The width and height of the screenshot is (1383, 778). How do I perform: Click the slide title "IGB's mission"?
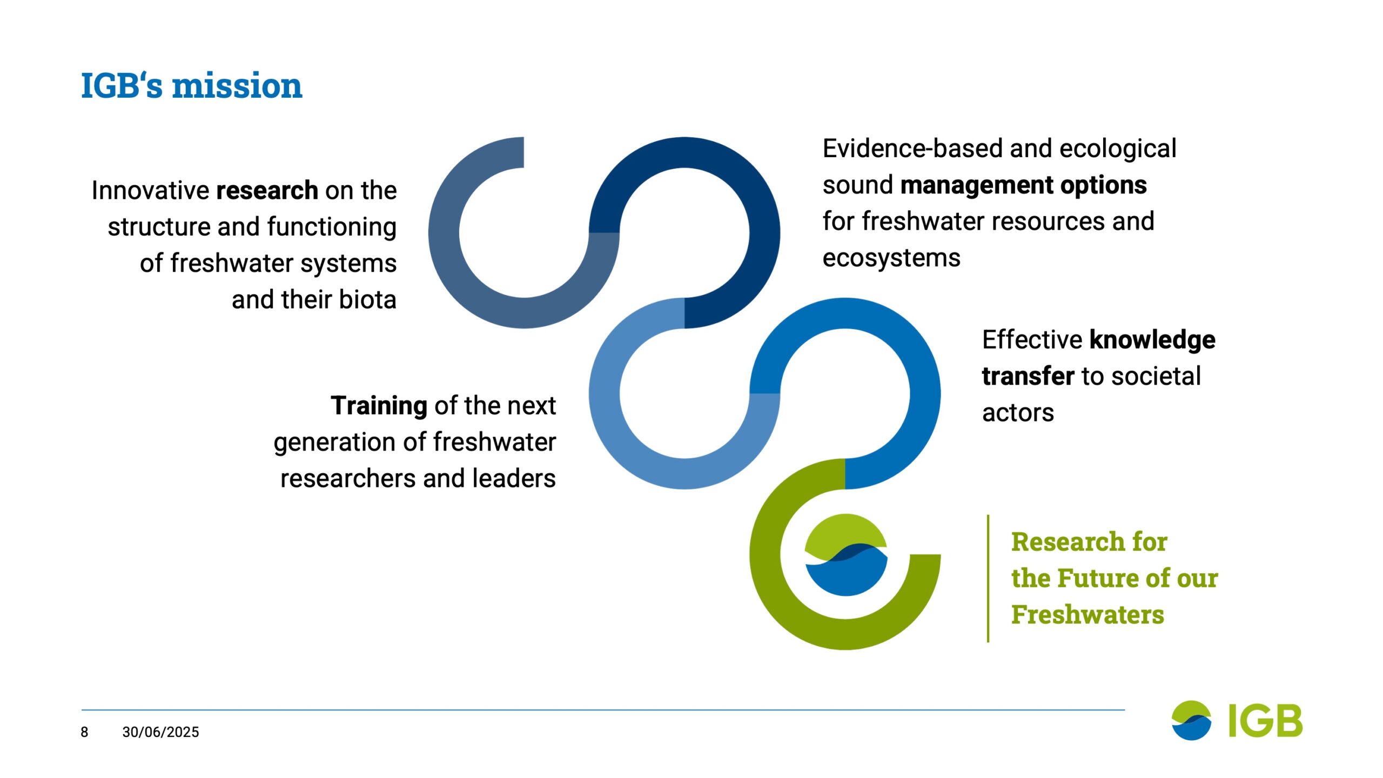point(191,85)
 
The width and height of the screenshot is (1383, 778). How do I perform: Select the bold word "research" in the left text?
point(267,190)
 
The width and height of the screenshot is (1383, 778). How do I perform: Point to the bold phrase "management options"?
point(1023,186)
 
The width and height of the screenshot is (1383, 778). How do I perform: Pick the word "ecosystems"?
point(891,258)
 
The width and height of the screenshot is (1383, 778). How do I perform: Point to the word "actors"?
point(1018,413)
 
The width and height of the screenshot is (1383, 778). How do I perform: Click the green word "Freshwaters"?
point(1087,615)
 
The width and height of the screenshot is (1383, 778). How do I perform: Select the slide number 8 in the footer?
point(84,732)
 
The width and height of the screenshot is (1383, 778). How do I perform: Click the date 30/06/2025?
point(160,732)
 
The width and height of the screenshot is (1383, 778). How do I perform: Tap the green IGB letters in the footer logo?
point(1265,720)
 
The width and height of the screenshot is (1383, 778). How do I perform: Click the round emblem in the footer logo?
point(1191,720)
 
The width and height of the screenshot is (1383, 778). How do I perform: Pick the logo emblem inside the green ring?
point(845,555)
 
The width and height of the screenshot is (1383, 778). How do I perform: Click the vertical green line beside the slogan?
point(988,579)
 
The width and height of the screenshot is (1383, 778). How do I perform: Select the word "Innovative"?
point(150,190)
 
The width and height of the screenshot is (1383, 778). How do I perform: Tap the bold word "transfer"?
point(1028,377)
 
